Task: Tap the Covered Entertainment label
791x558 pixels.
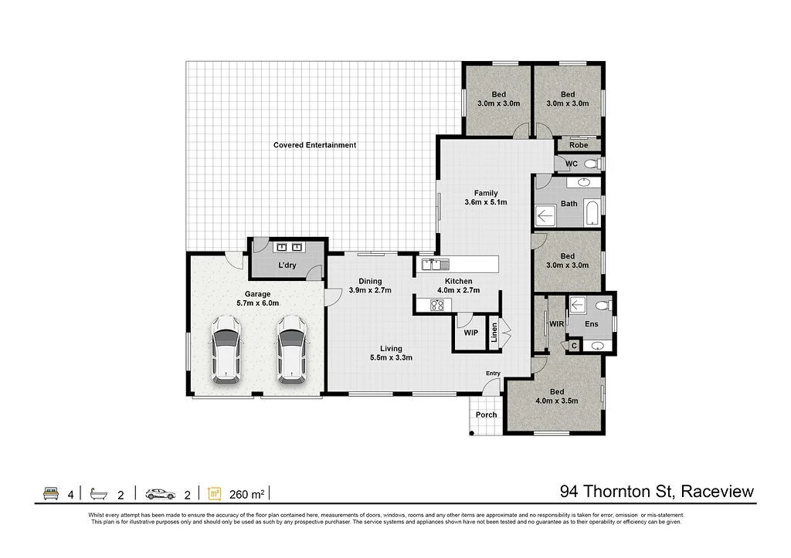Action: [x=314, y=145]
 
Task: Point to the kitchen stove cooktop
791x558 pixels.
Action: [x=437, y=305]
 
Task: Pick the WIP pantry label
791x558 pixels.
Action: [x=470, y=333]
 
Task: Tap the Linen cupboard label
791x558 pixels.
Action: [x=494, y=333]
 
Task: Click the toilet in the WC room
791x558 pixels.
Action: [x=591, y=164]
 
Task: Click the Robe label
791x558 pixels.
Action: [x=579, y=145]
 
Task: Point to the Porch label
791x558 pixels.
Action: [x=486, y=415]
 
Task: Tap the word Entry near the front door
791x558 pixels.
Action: [x=493, y=374]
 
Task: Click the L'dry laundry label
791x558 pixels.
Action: [x=287, y=265]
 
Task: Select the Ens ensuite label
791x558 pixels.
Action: [x=591, y=324]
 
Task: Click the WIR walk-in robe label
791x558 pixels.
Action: [x=555, y=324]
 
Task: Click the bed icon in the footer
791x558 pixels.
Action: [x=51, y=493]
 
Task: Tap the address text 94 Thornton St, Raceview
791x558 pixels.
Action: [x=656, y=492]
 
